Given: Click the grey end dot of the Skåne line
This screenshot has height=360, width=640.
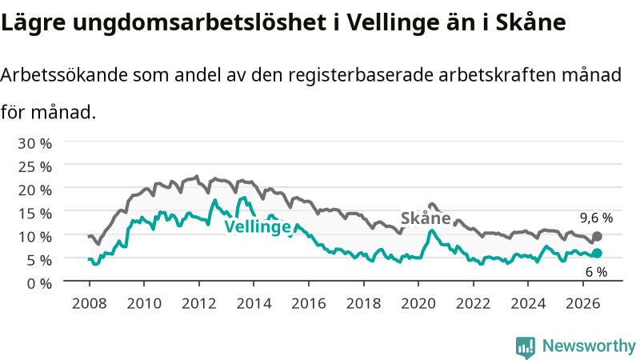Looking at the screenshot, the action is (597, 236).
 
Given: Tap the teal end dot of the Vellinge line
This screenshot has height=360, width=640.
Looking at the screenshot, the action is (597, 254).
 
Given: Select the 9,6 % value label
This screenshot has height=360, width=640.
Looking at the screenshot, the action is (596, 218).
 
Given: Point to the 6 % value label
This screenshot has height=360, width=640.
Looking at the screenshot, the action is (596, 272).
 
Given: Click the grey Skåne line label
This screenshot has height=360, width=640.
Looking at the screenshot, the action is (426, 218).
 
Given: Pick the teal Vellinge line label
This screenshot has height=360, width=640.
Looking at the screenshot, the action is (258, 226).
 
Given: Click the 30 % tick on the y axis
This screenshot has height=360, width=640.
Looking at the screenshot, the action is (34, 144).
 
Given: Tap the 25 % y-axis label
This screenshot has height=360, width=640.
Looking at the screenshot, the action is (34, 167).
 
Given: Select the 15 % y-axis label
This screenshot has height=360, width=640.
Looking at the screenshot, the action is (34, 214).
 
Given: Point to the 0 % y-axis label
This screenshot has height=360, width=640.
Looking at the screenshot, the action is (39, 284).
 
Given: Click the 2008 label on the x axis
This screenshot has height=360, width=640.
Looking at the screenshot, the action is (90, 304).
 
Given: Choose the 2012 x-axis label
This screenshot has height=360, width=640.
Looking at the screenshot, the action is (198, 304).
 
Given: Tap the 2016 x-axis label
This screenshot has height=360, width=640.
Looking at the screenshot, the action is (309, 304).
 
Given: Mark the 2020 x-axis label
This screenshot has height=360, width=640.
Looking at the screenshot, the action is (418, 304).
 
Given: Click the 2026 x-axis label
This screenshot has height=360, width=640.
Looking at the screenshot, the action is (582, 304).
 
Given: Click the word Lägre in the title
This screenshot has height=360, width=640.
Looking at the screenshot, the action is (34, 23).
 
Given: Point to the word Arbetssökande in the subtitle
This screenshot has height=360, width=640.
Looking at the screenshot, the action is (64, 75).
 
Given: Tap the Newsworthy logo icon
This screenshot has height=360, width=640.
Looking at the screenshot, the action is (526, 347).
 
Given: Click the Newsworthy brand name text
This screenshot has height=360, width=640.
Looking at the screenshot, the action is (589, 346).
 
